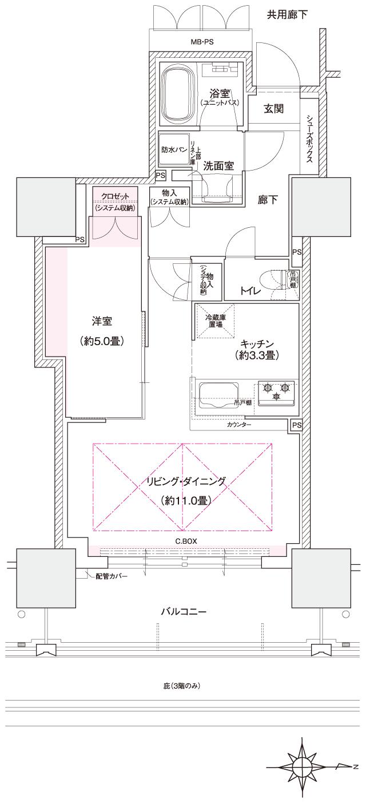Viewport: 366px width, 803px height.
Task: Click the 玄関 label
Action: [x=273, y=109]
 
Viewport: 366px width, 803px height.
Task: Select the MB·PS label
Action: [x=202, y=42]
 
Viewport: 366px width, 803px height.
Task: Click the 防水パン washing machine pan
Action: [x=174, y=150]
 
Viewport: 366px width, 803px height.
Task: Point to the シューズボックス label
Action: [x=309, y=140]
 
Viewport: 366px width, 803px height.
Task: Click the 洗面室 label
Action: [x=218, y=165]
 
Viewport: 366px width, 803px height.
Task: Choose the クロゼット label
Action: [x=116, y=196]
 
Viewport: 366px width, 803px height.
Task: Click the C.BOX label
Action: [x=186, y=540]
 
